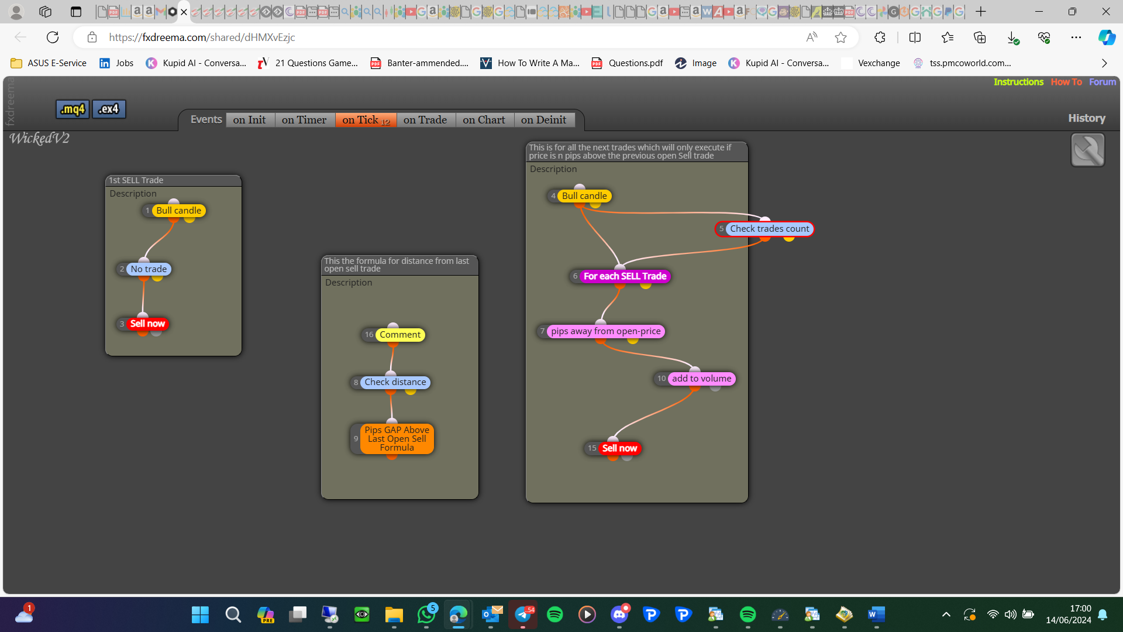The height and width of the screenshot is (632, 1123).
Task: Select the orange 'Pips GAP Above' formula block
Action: [397, 439]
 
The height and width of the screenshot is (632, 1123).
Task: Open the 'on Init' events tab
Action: [249, 120]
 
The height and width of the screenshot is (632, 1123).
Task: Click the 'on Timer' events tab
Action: [304, 120]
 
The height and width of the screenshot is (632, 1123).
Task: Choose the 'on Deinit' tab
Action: [543, 120]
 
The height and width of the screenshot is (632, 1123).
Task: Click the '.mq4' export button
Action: [73, 109]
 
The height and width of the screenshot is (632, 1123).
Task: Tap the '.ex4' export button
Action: [109, 109]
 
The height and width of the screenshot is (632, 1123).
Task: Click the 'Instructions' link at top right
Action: [1018, 82]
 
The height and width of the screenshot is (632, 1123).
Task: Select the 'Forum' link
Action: [1103, 82]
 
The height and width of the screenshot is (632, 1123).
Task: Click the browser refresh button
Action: [53, 37]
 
